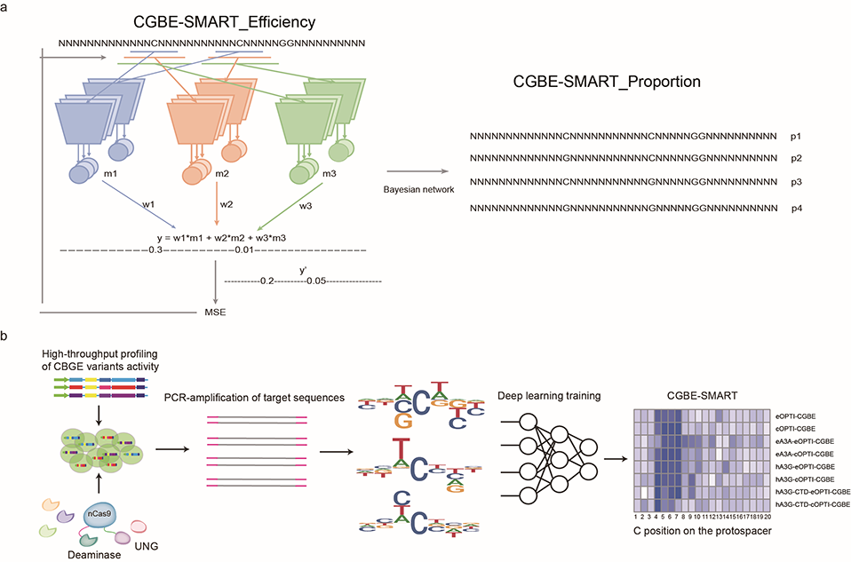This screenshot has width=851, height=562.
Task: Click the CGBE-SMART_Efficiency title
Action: pyautogui.click(x=224, y=22)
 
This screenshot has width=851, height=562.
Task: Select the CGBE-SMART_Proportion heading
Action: pyautogui.click(x=607, y=82)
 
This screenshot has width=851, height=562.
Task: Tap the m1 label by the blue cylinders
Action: pyautogui.click(x=110, y=174)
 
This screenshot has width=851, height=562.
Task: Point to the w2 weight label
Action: pyautogui.click(x=227, y=204)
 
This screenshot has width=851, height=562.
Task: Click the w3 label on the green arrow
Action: pyautogui.click(x=306, y=206)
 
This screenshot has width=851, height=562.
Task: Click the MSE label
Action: pyautogui.click(x=215, y=313)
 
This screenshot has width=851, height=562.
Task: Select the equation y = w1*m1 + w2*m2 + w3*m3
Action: pyautogui.click(x=221, y=238)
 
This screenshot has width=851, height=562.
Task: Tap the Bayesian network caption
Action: pyautogui.click(x=418, y=189)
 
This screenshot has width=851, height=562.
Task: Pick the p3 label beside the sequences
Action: pyautogui.click(x=796, y=182)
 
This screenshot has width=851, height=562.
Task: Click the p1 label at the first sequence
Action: pyautogui.click(x=796, y=137)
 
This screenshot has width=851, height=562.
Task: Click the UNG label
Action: pyautogui.click(x=146, y=546)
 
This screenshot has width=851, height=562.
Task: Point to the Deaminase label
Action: pyautogui.click(x=94, y=554)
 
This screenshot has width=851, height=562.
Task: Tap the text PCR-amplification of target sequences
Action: pyautogui.click(x=254, y=398)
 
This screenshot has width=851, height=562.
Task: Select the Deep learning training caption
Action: pyautogui.click(x=549, y=396)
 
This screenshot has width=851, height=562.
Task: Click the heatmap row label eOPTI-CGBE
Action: pyautogui.click(x=796, y=416)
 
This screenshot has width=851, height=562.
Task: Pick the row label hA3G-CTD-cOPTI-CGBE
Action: pyautogui.click(x=814, y=504)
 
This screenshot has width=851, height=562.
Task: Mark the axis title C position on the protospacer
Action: pyautogui.click(x=703, y=531)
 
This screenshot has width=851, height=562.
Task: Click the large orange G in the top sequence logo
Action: pyautogui.click(x=404, y=421)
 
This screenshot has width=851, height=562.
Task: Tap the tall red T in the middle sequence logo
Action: pyautogui.click(x=400, y=449)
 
